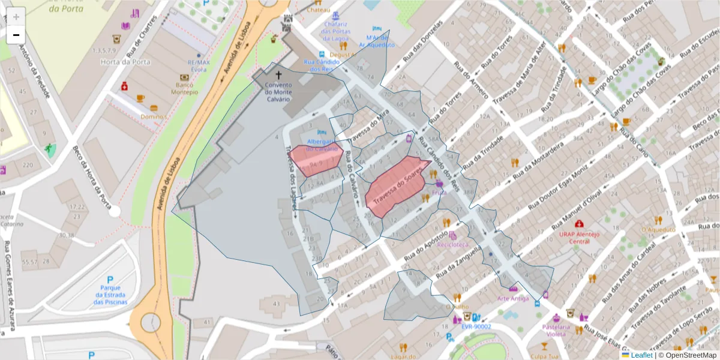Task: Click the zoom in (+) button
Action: pyautogui.click(x=16, y=16)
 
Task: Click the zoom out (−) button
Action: pyautogui.click(x=16, y=35)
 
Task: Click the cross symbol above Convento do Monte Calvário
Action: pyautogui.click(x=278, y=75)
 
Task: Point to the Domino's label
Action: pyautogui.click(x=153, y=116)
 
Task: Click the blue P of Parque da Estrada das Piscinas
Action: pyautogui.click(x=110, y=280)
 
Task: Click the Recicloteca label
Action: pyautogui.click(x=452, y=244)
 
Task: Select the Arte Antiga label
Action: pyautogui.click(x=512, y=298)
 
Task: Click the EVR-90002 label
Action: pyautogui.click(x=476, y=327)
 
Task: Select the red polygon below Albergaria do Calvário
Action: pyautogui.click(x=316, y=161)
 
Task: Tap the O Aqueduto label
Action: pyautogui.click(x=658, y=229)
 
